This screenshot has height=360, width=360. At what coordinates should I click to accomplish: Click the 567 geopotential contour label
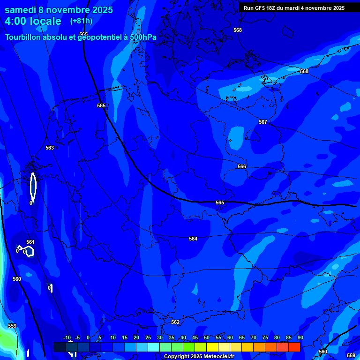pyautogui.click(x=263, y=122)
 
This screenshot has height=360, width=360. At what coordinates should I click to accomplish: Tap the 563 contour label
pyautogui.click(x=50, y=148)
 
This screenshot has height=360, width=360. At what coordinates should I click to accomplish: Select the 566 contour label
pyautogui.click(x=242, y=166)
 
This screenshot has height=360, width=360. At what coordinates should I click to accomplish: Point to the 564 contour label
pyautogui.click(x=193, y=239)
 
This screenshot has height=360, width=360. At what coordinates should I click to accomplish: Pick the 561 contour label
pyautogui.click(x=30, y=242)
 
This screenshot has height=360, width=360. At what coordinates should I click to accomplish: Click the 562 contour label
pyautogui.click(x=175, y=322)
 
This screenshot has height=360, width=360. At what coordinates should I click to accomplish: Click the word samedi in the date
pyautogui.click(x=22, y=10)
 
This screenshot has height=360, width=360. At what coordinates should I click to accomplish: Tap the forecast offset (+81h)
pyautogui.click(x=81, y=21)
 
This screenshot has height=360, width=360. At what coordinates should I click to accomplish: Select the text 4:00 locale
pyautogui.click(x=33, y=21)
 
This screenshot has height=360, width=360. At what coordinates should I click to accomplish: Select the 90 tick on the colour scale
pyautogui.click(x=300, y=338)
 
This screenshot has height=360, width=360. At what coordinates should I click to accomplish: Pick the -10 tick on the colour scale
pyautogui.click(x=67, y=338)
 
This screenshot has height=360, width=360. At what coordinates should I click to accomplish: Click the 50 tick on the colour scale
pyautogui.click(x=207, y=338)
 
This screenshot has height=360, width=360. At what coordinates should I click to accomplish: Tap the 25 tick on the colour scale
pyautogui.click(x=148, y=338)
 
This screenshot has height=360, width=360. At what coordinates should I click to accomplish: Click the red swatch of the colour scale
pyautogui.click(x=294, y=347)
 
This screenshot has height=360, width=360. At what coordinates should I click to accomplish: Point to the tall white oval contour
pyautogui.click(x=33, y=186)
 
